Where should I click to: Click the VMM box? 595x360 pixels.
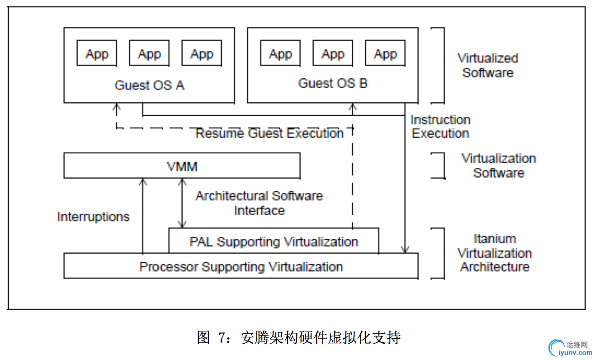click(181, 166)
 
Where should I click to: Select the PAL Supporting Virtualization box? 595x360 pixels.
click(274, 242)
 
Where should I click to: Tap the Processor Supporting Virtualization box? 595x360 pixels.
click(241, 266)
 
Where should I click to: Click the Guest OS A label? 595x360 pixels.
click(149, 85)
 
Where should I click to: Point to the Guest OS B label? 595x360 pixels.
click(333, 83)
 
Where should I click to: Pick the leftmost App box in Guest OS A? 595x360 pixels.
click(97, 54)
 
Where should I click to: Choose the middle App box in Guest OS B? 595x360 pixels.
click(333, 54)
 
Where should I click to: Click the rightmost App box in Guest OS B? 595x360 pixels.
click(385, 54)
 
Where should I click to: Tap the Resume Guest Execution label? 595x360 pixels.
click(269, 133)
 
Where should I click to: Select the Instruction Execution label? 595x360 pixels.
click(440, 127)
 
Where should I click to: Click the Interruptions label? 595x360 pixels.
click(93, 217)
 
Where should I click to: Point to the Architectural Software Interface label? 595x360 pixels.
click(259, 203)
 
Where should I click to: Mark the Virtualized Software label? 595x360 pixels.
click(488, 65)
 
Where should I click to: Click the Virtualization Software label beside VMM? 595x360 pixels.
click(499, 166)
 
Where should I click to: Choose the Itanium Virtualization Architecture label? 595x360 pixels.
click(495, 252)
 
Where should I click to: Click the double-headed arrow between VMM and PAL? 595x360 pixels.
click(182, 203)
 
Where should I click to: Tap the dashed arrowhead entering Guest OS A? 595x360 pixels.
click(117, 107)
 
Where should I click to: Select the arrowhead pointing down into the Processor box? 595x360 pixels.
click(405, 249)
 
